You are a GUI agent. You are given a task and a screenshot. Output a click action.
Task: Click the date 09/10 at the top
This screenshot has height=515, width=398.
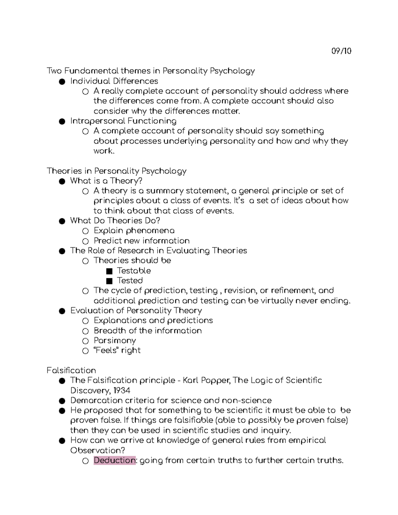pyautogui.click(x=341, y=51)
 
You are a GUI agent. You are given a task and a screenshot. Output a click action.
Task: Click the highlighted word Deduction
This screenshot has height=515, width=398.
pyautogui.click(x=114, y=460)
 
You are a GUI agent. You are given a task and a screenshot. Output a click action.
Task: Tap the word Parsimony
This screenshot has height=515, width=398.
pyautogui.click(x=115, y=341)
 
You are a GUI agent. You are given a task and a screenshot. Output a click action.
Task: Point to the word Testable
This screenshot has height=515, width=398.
pyautogui.click(x=134, y=271)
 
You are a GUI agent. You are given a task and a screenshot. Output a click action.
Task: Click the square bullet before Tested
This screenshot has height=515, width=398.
pyautogui.click(x=109, y=281)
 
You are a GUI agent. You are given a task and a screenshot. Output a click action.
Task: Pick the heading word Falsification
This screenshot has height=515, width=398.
pyautogui.click(x=71, y=370)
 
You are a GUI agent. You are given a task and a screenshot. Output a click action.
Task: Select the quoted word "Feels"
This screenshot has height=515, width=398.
pyautogui.click(x=106, y=350)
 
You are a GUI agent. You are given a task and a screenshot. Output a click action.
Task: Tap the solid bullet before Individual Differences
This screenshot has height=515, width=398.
pyautogui.click(x=62, y=82)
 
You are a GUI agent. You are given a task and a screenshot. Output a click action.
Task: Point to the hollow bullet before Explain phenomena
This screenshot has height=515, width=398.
pyautogui.click(x=86, y=231)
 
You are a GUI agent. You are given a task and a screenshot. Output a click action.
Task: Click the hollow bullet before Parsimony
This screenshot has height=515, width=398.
pyautogui.click(x=86, y=341)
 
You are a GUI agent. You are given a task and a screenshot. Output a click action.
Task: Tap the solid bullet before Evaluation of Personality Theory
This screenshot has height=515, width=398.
pyautogui.click(x=62, y=311)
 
